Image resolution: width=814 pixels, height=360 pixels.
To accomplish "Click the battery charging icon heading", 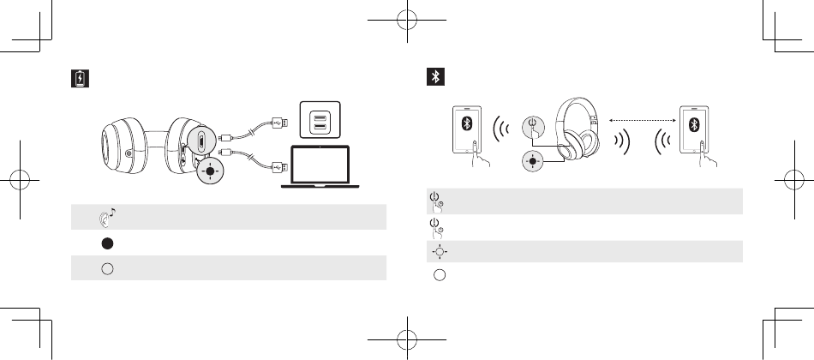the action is (79, 79).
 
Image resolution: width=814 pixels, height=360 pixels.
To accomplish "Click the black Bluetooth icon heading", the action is (435, 78).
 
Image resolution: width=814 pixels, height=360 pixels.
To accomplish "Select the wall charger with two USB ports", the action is (319, 121).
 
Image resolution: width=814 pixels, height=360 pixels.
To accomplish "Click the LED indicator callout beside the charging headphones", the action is (209, 170).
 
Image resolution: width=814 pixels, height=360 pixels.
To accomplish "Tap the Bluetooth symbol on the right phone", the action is (696, 123).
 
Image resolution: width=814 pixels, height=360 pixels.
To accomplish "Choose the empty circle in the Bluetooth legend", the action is (438, 275).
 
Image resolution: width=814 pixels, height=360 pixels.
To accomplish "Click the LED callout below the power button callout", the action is (533, 160).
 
